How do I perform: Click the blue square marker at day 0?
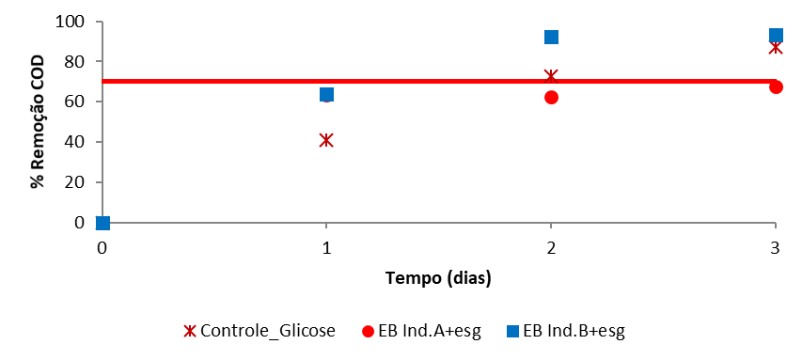(x=102, y=223)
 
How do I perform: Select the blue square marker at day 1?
(x=326, y=94)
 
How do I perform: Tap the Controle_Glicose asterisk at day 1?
(x=326, y=140)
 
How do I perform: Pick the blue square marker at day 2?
(x=551, y=37)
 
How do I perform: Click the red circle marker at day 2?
(x=551, y=97)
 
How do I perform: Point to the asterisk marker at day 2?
(x=551, y=75)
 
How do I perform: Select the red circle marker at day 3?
(x=776, y=86)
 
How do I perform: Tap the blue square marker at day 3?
(x=776, y=36)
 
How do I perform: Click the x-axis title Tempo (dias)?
(x=438, y=277)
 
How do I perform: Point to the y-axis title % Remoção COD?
(x=38, y=122)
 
